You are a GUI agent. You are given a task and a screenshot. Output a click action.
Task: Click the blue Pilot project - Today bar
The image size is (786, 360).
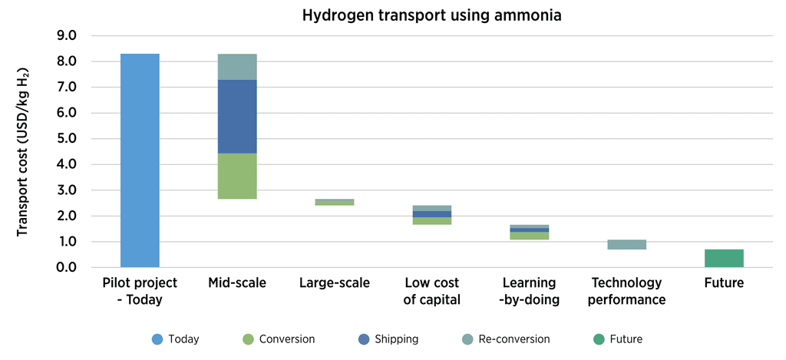pyautogui.click(x=140, y=160)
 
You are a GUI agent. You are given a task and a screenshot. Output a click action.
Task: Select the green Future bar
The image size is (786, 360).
pyautogui.click(x=724, y=258)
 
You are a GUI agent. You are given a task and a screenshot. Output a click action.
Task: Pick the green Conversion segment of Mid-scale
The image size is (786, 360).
pyautogui.click(x=237, y=176)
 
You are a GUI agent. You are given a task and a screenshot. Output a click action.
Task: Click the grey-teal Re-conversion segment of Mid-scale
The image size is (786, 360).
pyautogui.click(x=237, y=67)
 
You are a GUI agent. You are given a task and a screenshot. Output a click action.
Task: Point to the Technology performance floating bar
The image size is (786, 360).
pyautogui.click(x=626, y=244)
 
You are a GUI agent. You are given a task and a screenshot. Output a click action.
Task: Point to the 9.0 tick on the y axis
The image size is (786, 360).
pyautogui.click(x=67, y=36)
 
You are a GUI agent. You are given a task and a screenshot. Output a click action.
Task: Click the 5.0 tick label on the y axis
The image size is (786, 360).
pyautogui.click(x=67, y=139)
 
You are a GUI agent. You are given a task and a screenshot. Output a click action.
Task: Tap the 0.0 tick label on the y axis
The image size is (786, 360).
pyautogui.click(x=67, y=267)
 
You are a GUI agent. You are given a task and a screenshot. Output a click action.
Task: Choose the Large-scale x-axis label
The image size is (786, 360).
pyautogui.click(x=335, y=283)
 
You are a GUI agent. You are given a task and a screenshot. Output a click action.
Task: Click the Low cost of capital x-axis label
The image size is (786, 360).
pyautogui.click(x=431, y=291)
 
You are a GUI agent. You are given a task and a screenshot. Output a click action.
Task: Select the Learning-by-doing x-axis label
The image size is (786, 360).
pyautogui.click(x=529, y=291)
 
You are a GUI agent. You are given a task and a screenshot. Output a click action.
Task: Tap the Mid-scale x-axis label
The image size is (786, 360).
pyautogui.click(x=237, y=283)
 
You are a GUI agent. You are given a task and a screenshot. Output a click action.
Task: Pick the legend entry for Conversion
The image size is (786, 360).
pyautogui.click(x=278, y=339)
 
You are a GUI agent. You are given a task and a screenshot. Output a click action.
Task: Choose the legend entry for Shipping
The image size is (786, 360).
pyautogui.click(x=388, y=339)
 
